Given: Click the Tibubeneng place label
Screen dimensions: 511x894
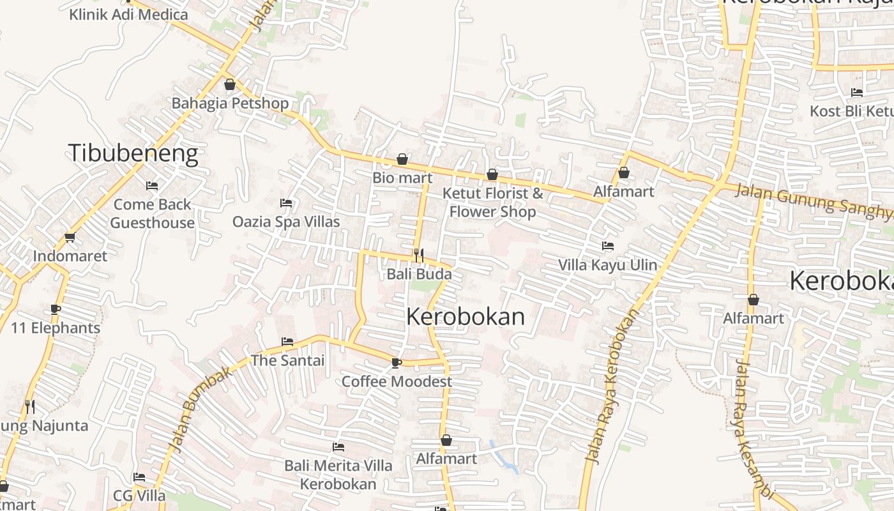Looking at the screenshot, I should (x=133, y=154).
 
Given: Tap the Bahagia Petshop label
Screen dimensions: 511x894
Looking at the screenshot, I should (x=230, y=103).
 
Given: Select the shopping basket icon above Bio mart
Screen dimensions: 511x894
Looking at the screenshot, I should (x=402, y=159).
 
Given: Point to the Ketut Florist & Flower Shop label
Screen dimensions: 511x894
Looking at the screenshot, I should (x=493, y=202).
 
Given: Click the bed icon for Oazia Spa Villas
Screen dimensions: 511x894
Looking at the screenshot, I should (x=286, y=203).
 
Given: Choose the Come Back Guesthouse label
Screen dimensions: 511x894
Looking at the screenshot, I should (x=152, y=213).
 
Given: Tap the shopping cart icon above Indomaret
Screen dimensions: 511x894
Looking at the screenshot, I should (x=70, y=238).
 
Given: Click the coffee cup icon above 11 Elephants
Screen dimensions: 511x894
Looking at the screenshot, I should (x=56, y=310).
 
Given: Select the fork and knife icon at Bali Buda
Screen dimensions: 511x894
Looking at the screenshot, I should (x=419, y=256).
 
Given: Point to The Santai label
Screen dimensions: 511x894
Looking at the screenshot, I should (x=287, y=360).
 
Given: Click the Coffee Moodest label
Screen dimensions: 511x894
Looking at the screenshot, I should (x=397, y=381).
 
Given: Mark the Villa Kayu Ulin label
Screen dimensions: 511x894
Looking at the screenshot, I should (x=608, y=264).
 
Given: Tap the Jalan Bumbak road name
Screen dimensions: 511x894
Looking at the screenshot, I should (x=200, y=409).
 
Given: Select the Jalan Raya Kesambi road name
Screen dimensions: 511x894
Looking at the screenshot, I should (x=754, y=428).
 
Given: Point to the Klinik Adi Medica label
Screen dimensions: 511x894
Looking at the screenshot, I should (x=128, y=14).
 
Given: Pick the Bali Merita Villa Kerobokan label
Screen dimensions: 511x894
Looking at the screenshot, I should (x=338, y=474).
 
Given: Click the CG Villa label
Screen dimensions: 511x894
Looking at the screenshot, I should (x=139, y=496).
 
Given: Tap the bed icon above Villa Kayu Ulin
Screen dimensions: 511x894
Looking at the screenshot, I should (x=608, y=245).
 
